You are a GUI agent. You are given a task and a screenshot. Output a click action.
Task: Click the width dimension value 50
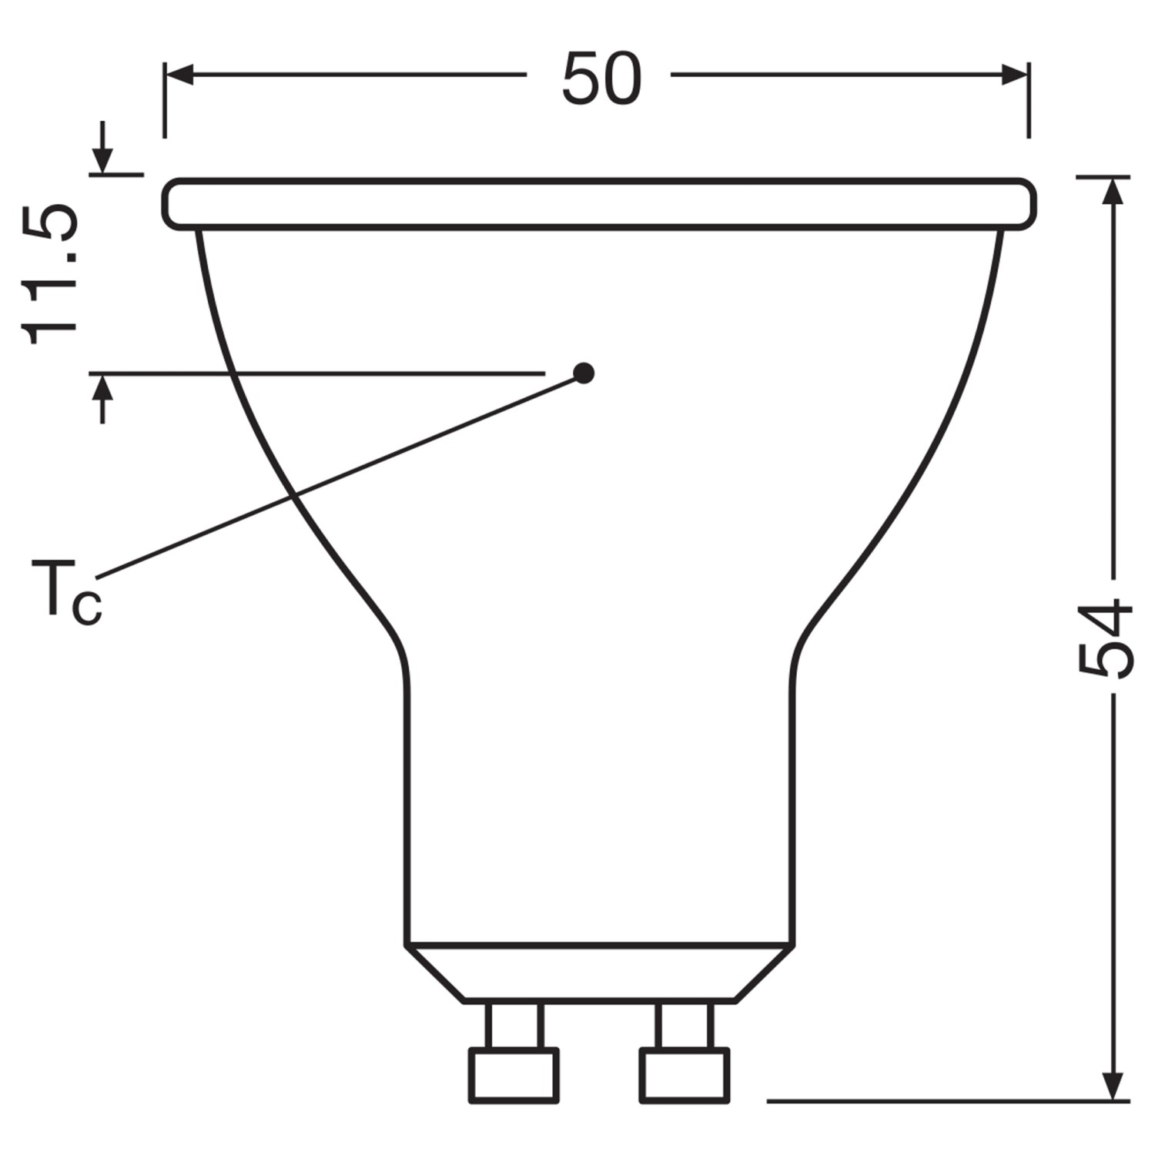point(601,79)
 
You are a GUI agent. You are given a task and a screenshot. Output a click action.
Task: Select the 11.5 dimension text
point(51,274)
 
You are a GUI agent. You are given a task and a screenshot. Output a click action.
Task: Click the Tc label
point(65,591)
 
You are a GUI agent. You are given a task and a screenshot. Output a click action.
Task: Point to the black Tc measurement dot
point(584,373)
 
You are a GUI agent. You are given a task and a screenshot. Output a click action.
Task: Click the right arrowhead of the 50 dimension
point(1014,75)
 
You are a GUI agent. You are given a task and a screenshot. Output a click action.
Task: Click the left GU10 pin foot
point(514,1075)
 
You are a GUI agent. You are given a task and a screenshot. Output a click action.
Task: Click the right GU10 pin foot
point(685,1075)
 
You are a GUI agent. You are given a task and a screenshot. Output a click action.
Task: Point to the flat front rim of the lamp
point(599,204)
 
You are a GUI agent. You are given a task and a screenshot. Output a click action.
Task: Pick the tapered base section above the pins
point(599,973)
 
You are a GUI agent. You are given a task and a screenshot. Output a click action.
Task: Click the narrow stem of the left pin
point(514,1025)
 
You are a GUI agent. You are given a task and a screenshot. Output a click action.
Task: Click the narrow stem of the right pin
point(685,1025)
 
